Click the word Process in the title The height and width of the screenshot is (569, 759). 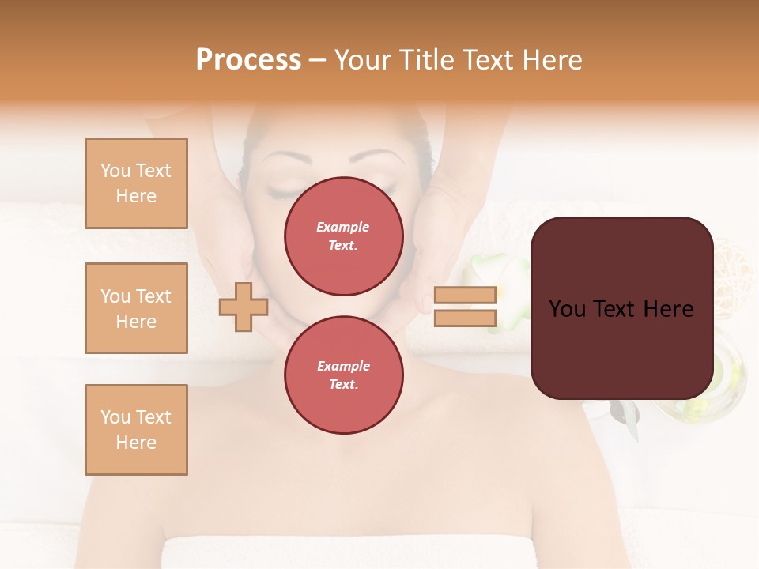pos(248,60)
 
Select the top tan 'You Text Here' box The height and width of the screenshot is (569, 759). pos(136,183)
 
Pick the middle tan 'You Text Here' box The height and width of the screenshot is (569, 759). pos(136,308)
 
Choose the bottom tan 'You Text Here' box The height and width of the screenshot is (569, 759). pos(136,430)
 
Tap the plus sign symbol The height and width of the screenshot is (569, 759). pos(243,307)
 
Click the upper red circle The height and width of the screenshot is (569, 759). pos(343,236)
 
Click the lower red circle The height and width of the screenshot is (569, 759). pos(343,375)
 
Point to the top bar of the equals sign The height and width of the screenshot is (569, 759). pos(466,295)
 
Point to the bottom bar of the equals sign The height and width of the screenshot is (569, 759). pos(466,318)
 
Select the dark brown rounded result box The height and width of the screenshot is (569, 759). pos(621,348)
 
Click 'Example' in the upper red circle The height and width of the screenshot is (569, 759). pos(343,227)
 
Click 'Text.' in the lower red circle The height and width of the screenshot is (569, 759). pos(343,385)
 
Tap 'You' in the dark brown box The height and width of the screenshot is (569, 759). pos(566,309)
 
